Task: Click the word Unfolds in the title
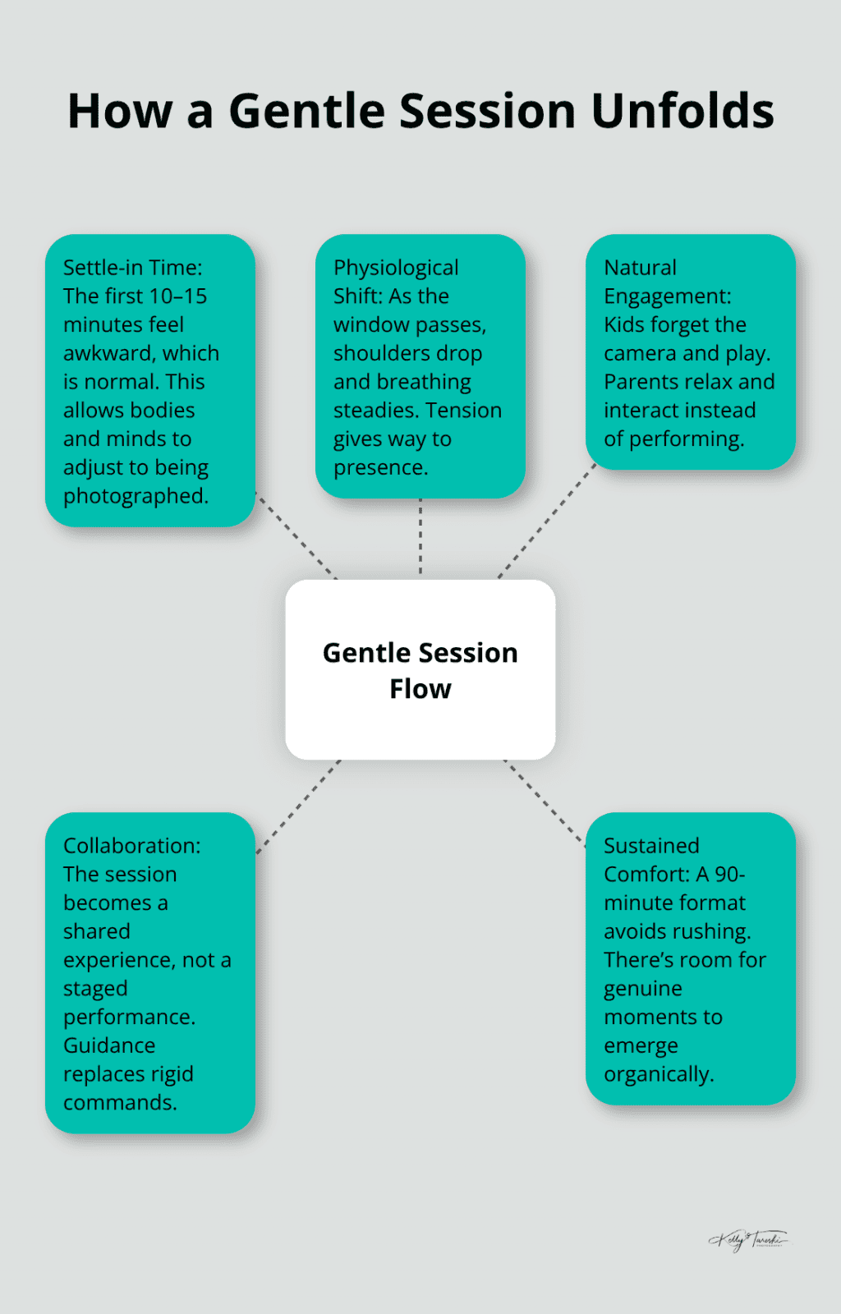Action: [682, 111]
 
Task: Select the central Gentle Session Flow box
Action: [420, 669]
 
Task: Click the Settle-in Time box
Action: [149, 381]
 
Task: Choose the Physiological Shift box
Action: [420, 366]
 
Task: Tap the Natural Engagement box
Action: [690, 352]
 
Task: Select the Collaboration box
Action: [149, 973]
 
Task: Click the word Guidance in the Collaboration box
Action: [109, 1045]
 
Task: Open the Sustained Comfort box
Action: [690, 958]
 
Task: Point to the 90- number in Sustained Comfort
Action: [730, 874]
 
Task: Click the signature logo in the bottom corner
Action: [748, 1239]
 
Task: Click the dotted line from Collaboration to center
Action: [298, 806]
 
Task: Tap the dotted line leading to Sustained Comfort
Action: [545, 802]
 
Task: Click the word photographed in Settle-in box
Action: [136, 496]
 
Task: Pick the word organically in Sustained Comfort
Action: [659, 1074]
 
